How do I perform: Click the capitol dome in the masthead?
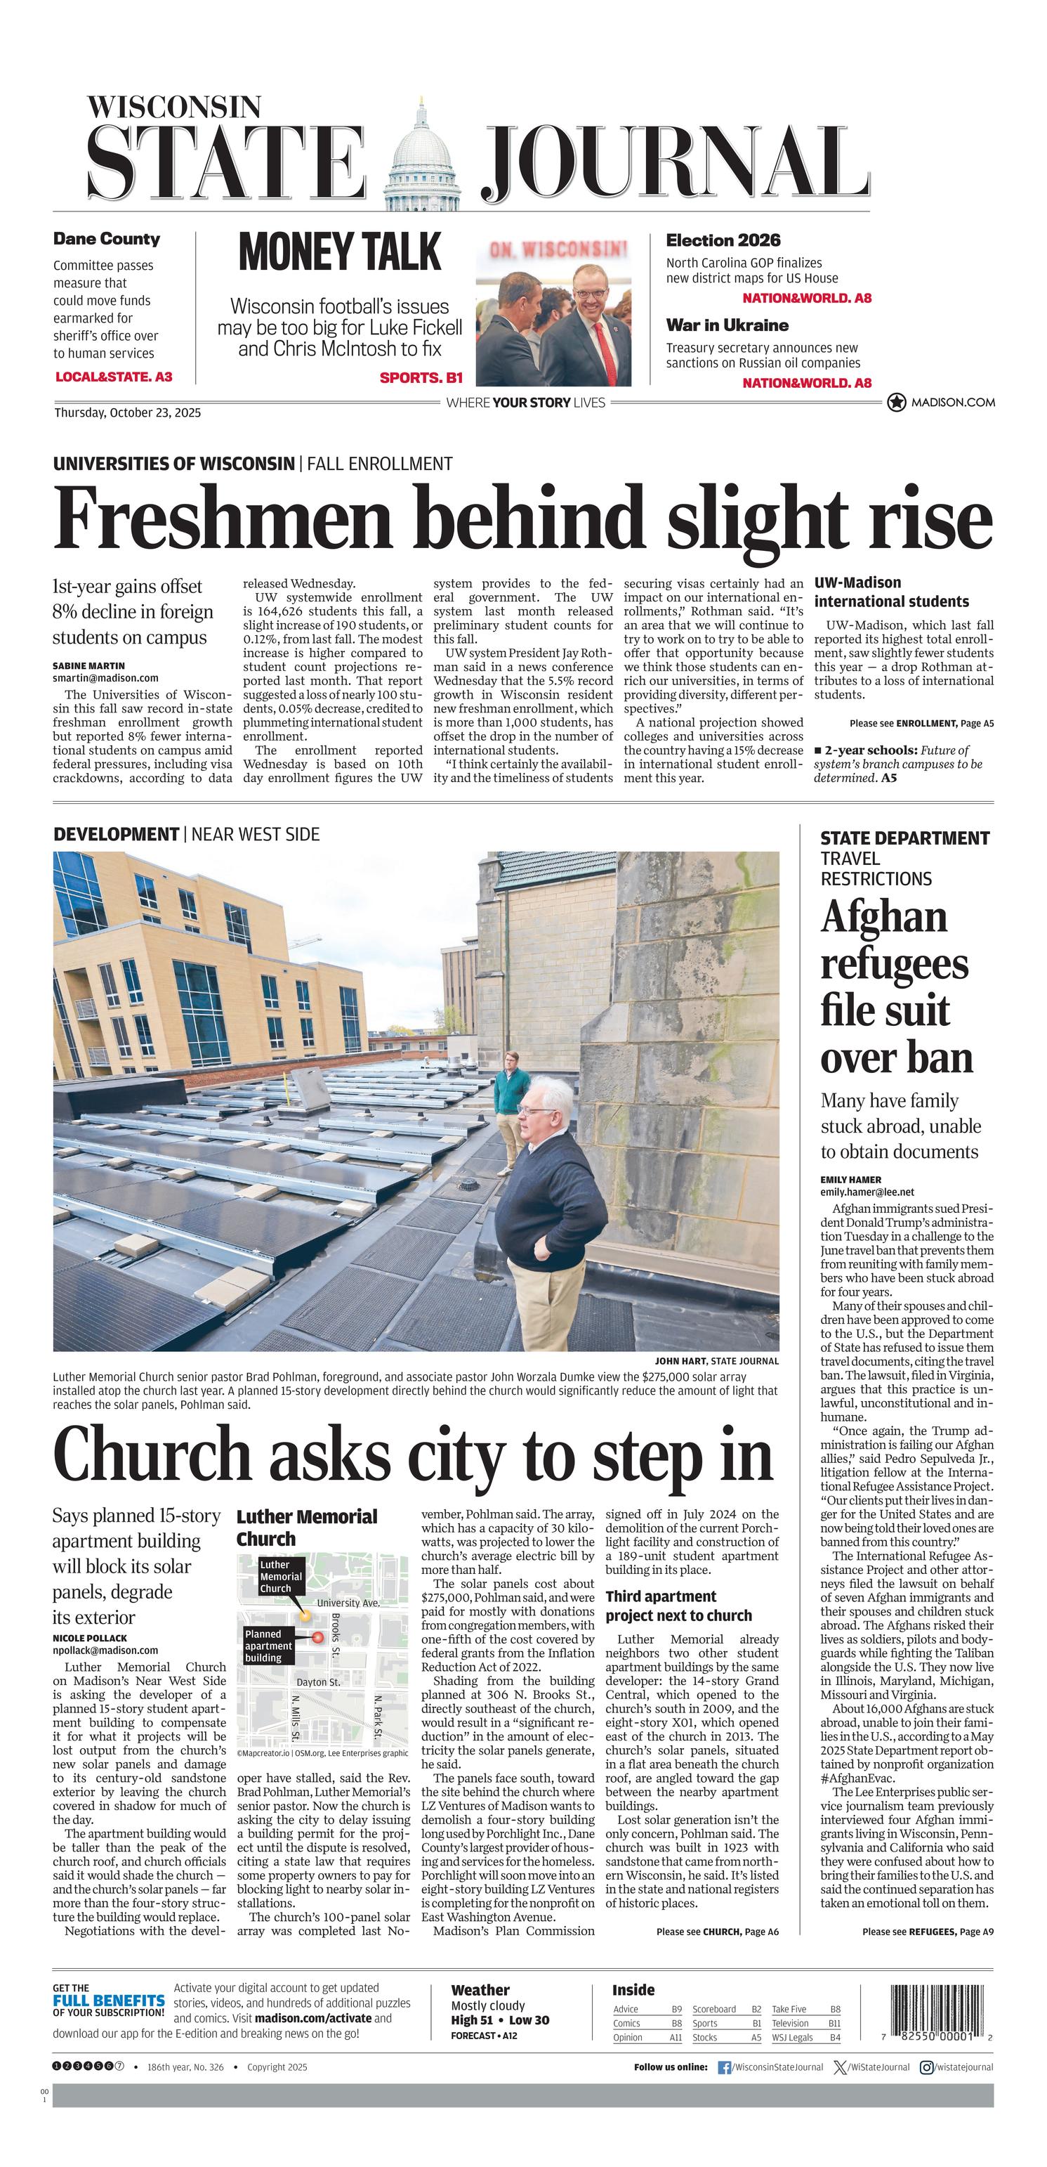pos(421,155)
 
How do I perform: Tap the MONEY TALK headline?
pos(340,252)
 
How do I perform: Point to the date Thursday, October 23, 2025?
pos(127,413)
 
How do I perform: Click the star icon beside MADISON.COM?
pos(897,403)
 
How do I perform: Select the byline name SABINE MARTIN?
pos(88,665)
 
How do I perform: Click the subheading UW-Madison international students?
pos(890,592)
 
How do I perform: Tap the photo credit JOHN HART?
pos(681,1361)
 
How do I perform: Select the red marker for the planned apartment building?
pos(318,1637)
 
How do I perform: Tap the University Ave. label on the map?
pos(348,1603)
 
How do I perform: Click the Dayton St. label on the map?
pos(318,1681)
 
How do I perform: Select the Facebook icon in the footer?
pos(723,2067)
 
